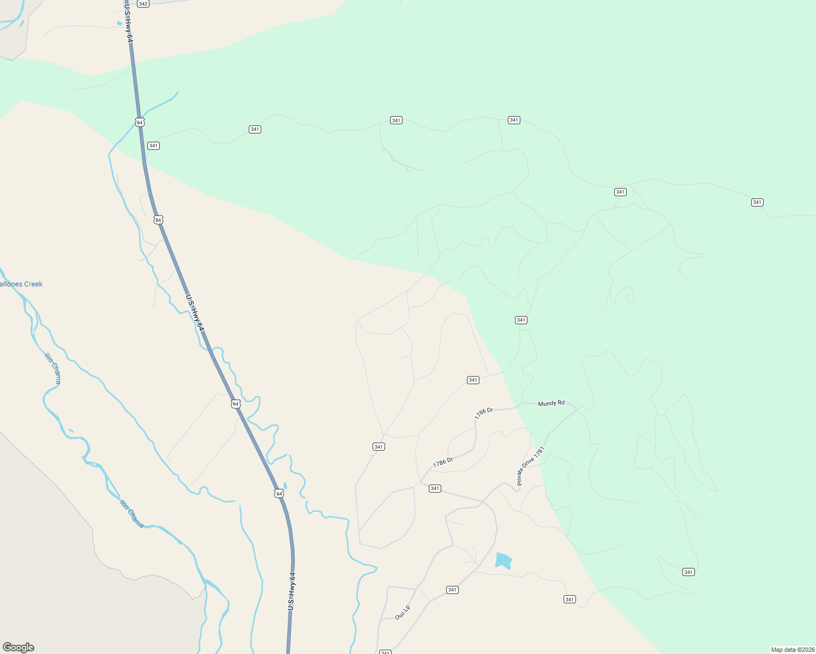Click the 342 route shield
pyautogui.click(x=143, y=4)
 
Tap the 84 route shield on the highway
pyautogui.click(x=158, y=220)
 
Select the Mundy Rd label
pyautogui.click(x=551, y=403)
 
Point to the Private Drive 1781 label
pyautogui.click(x=531, y=466)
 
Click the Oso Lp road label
pyautogui.click(x=403, y=613)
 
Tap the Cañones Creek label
pyautogui.click(x=21, y=284)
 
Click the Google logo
pyautogui.click(x=18, y=647)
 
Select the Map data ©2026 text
pyautogui.click(x=792, y=650)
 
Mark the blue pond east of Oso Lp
pyautogui.click(x=503, y=560)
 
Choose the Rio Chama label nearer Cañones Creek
pyautogui.click(x=53, y=368)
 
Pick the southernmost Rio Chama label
pyautogui.click(x=132, y=514)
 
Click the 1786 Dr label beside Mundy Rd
pyautogui.click(x=483, y=413)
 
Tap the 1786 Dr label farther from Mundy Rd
pyautogui.click(x=443, y=463)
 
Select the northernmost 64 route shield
pyautogui.click(x=140, y=122)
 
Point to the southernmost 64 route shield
pyautogui.click(x=279, y=493)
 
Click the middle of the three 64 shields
pyautogui.click(x=236, y=404)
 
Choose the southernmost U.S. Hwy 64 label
pyautogui.click(x=292, y=591)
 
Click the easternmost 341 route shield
pyautogui.click(x=757, y=202)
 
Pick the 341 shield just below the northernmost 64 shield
pyautogui.click(x=153, y=146)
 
